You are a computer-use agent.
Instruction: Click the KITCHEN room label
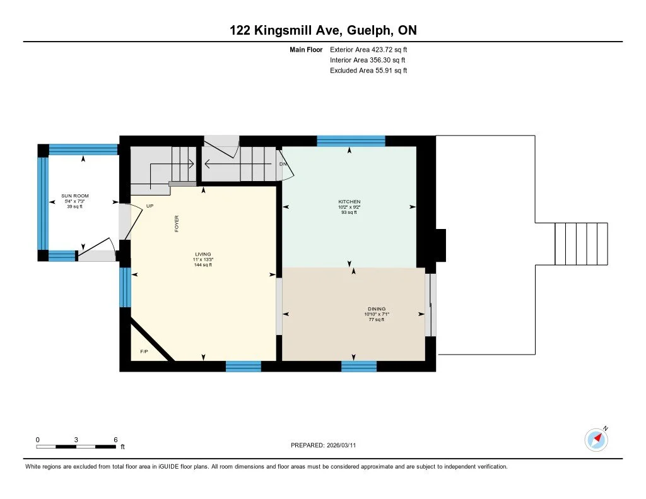(349, 201)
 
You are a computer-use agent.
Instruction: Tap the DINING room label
(377, 308)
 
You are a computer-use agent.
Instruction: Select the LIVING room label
(203, 254)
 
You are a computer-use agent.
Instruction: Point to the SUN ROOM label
(75, 196)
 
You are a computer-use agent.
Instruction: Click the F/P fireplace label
(144, 351)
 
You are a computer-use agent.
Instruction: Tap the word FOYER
(177, 224)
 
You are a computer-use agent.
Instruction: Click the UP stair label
(150, 206)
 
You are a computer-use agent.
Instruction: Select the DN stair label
(283, 164)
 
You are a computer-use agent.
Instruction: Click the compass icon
(596, 440)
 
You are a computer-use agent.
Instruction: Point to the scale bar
(76, 447)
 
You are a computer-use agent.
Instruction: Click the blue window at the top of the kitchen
(351, 141)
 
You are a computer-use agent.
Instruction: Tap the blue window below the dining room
(359, 367)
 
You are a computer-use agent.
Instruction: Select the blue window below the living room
(244, 367)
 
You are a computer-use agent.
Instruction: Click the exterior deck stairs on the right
(581, 244)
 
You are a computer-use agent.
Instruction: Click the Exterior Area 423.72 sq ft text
(368, 50)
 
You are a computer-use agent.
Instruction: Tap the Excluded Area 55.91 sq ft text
(368, 71)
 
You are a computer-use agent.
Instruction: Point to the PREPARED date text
(324, 445)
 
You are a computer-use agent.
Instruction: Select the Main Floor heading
(306, 50)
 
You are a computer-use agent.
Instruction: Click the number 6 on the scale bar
(116, 440)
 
